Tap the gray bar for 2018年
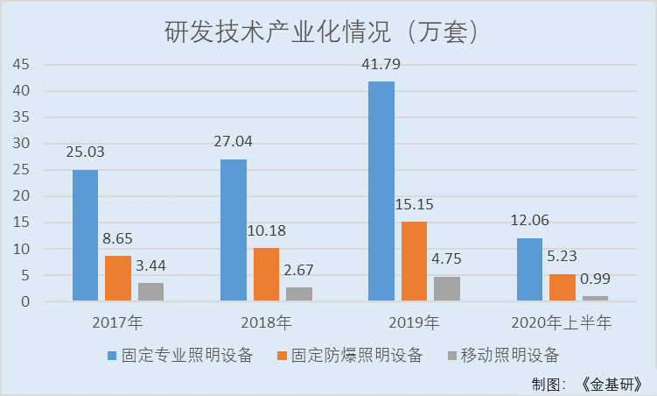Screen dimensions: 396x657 [299, 294]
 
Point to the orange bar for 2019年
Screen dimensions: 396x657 [414, 261]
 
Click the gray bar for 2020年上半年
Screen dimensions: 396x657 [595, 299]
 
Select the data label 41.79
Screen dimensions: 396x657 [381, 65]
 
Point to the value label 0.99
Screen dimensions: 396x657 [595, 279]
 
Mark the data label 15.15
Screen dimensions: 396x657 [414, 204]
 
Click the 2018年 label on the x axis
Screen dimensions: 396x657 [266, 323]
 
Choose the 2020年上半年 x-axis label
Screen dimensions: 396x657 [562, 323]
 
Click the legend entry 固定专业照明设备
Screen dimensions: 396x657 [180, 356]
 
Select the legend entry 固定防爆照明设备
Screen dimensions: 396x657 [349, 356]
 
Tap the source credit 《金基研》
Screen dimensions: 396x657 [612, 384]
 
